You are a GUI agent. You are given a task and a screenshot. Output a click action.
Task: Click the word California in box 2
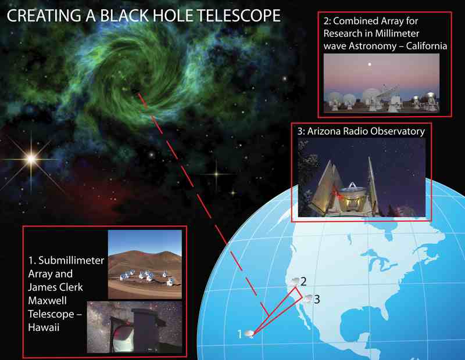point(427,46)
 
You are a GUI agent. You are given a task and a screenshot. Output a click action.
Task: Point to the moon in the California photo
point(369,64)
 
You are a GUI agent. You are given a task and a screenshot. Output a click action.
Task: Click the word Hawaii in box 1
point(44,327)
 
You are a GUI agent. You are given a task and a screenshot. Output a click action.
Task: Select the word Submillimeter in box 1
point(71,260)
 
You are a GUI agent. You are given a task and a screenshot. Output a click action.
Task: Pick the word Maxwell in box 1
point(48,300)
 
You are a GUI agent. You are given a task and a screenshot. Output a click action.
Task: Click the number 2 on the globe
point(303,281)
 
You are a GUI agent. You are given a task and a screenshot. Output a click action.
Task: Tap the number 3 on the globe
point(317,299)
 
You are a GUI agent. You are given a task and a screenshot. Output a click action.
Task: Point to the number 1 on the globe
point(239,334)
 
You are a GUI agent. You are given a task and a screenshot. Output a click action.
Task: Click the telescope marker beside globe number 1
point(249,334)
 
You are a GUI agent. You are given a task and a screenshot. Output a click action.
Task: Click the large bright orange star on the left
point(31,160)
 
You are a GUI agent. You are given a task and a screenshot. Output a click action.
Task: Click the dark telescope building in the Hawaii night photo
point(145,329)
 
